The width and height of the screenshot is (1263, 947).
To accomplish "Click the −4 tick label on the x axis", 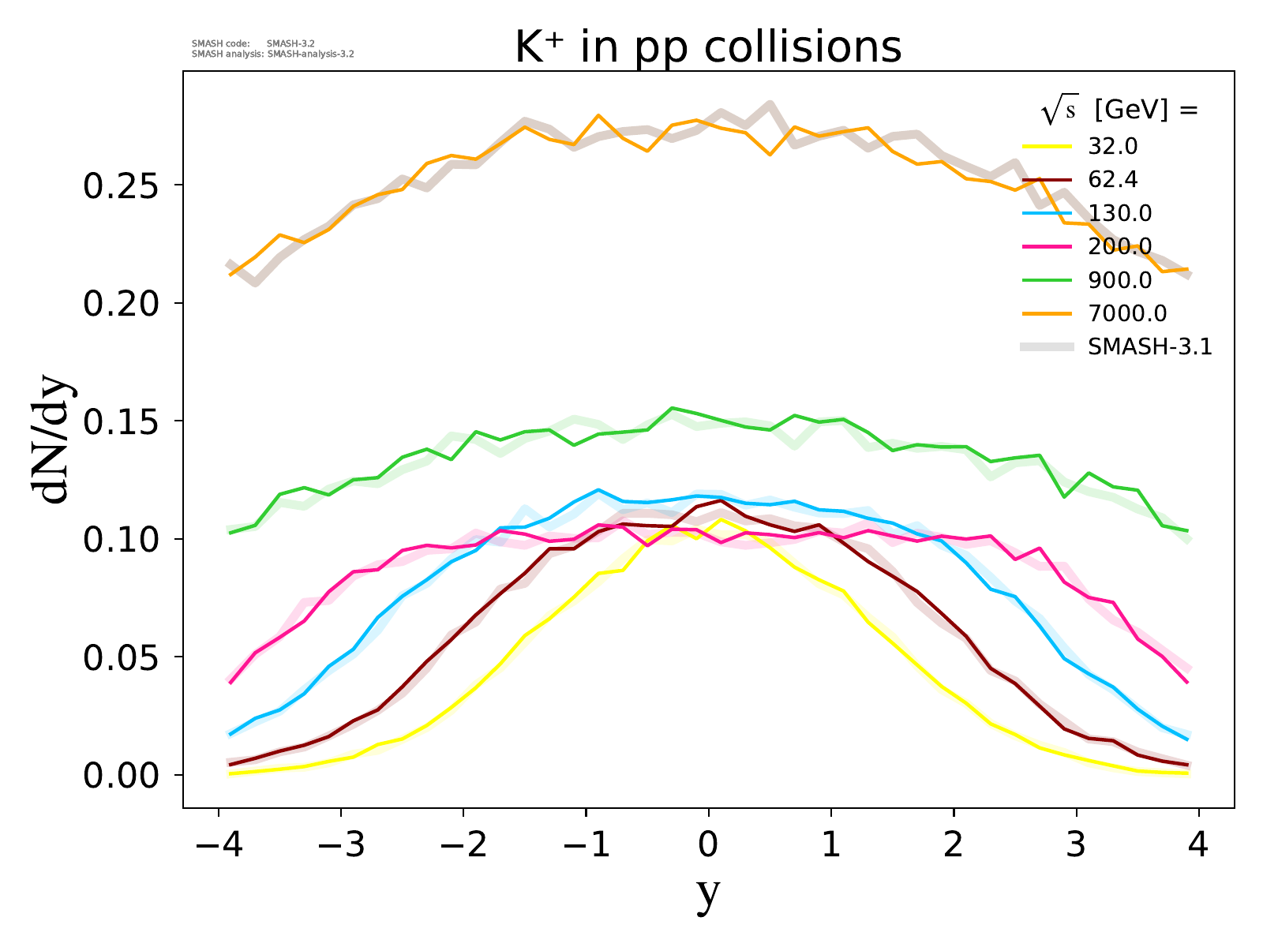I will point(217,845).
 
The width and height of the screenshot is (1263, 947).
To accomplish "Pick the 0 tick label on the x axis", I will point(708,845).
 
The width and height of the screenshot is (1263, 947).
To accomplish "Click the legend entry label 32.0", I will point(1113,147).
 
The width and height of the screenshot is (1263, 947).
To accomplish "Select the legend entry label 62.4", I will point(1113,180).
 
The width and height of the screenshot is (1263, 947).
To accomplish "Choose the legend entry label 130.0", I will point(1119,213).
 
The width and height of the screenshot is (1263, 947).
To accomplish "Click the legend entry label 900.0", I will point(1119,280).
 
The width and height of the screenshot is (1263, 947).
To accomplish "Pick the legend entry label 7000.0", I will point(1126,313).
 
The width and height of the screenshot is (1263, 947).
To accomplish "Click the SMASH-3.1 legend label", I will point(1149,346).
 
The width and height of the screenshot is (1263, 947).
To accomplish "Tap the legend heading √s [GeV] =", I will point(1119,111).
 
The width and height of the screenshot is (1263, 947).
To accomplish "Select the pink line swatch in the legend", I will point(1048,247).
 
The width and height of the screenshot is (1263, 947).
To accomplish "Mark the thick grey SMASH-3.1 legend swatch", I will point(1048,346).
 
